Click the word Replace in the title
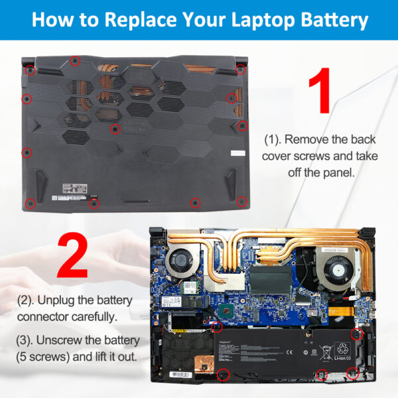coord(137,19)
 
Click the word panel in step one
coord(338,172)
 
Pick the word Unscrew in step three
coord(70,340)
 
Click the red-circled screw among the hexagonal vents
coord(115,129)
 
